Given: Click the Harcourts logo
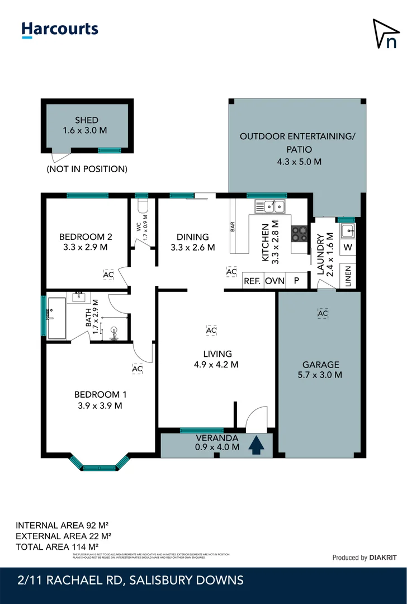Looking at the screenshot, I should [60, 30].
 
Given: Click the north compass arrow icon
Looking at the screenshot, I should [386, 34].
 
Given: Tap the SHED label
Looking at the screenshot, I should [87, 120].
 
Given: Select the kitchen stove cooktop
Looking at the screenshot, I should [299, 233].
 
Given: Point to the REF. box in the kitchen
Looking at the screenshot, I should [252, 281].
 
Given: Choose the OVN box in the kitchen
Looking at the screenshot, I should [275, 281].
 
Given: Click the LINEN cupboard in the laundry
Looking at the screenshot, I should [348, 276].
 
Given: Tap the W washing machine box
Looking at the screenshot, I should [348, 247].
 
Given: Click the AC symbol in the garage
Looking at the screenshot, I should [322, 314].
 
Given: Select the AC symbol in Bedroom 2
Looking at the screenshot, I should [108, 275].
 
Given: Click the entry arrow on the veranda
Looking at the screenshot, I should [257, 445].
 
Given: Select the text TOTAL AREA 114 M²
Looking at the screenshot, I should [57, 546].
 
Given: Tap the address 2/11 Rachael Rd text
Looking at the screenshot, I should [130, 580].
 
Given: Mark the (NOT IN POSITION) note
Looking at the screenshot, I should [87, 168].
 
